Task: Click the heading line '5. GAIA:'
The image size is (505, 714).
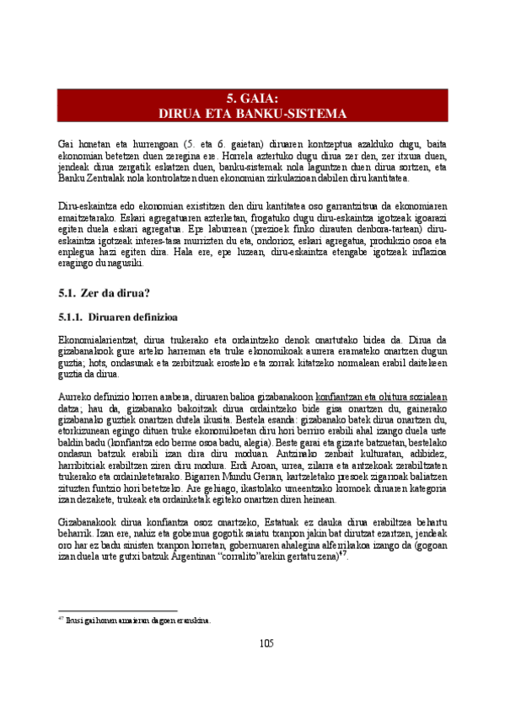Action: point(252,98)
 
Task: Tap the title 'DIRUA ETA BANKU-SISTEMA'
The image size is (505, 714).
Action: point(252,113)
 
